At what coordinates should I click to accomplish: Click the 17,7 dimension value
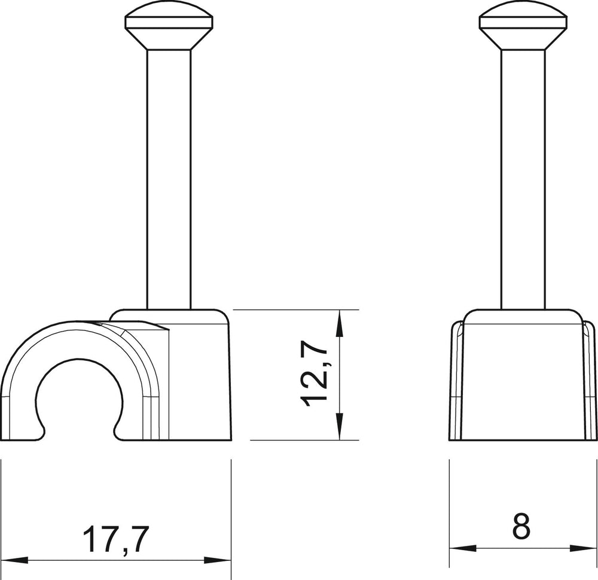pos(115,539)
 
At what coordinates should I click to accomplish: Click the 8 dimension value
pos(521,527)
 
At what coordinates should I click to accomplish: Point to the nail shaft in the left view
pos(169,180)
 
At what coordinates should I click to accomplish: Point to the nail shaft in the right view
pos(523,180)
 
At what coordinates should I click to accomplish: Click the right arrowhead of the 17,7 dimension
pos(218,560)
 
